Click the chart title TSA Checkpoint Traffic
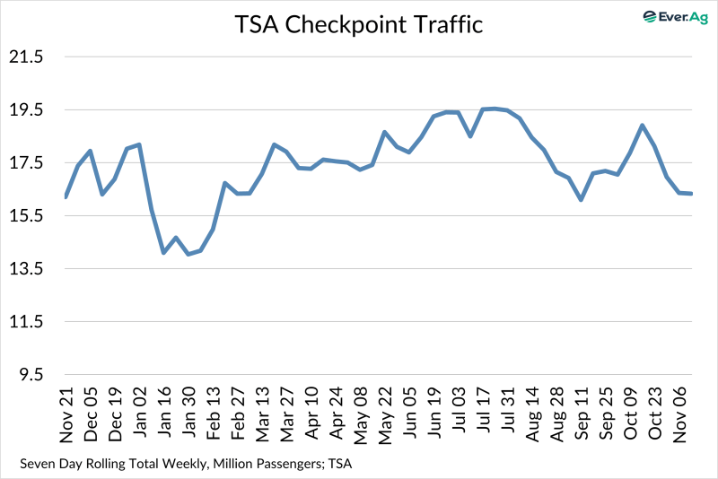pyautogui.click(x=359, y=24)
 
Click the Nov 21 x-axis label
pyautogui.click(x=66, y=417)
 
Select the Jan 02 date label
pyautogui.click(x=140, y=417)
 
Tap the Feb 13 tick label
pyautogui.click(x=214, y=417)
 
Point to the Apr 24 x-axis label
pyautogui.click(x=336, y=417)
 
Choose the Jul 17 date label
pyautogui.click(x=483, y=417)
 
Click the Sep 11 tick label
pyautogui.click(x=581, y=417)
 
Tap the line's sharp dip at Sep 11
pyautogui.click(x=581, y=200)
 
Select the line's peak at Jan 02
pyautogui.click(x=140, y=144)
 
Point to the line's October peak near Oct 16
pyautogui.click(x=643, y=126)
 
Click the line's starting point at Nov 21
pyautogui.click(x=66, y=196)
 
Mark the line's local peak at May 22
pyautogui.click(x=384, y=132)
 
